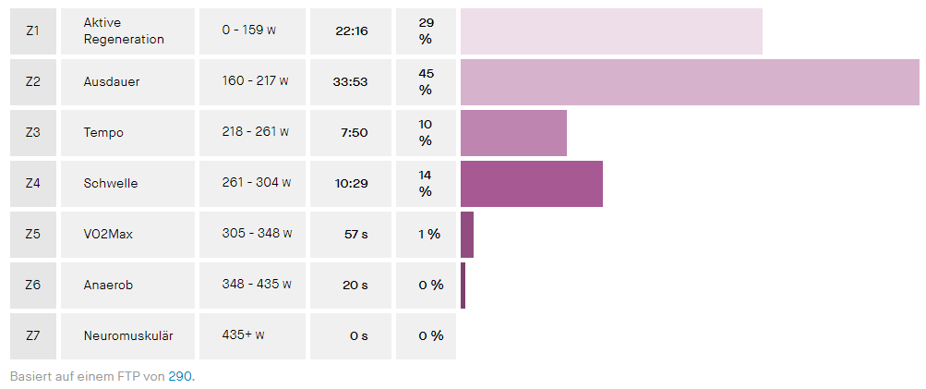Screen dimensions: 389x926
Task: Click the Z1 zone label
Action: tap(33, 30)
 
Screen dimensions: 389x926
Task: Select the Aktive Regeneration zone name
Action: tap(124, 30)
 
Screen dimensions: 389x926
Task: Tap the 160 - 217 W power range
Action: tap(255, 81)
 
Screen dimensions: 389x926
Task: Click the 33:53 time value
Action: tap(351, 81)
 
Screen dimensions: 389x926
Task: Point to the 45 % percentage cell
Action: tap(426, 81)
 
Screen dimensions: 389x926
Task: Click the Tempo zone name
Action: tap(103, 132)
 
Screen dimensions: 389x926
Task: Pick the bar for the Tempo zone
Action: tap(513, 132)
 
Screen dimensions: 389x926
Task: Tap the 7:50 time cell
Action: tap(355, 132)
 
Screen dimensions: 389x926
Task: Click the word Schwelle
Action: tap(111, 183)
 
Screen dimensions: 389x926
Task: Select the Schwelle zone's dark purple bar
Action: tap(531, 183)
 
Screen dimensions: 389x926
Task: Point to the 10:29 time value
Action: tap(351, 183)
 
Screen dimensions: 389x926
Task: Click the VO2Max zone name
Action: tap(108, 234)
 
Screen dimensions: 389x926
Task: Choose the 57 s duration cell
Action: tap(356, 234)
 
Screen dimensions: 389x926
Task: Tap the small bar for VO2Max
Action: tap(467, 234)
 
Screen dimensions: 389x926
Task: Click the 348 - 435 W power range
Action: tap(257, 285)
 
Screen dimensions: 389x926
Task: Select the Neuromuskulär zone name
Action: tap(127, 335)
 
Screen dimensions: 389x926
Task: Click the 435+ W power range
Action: tap(244, 335)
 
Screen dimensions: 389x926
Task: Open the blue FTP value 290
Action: tap(181, 377)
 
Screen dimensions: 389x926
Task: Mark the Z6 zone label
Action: tap(33, 285)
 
